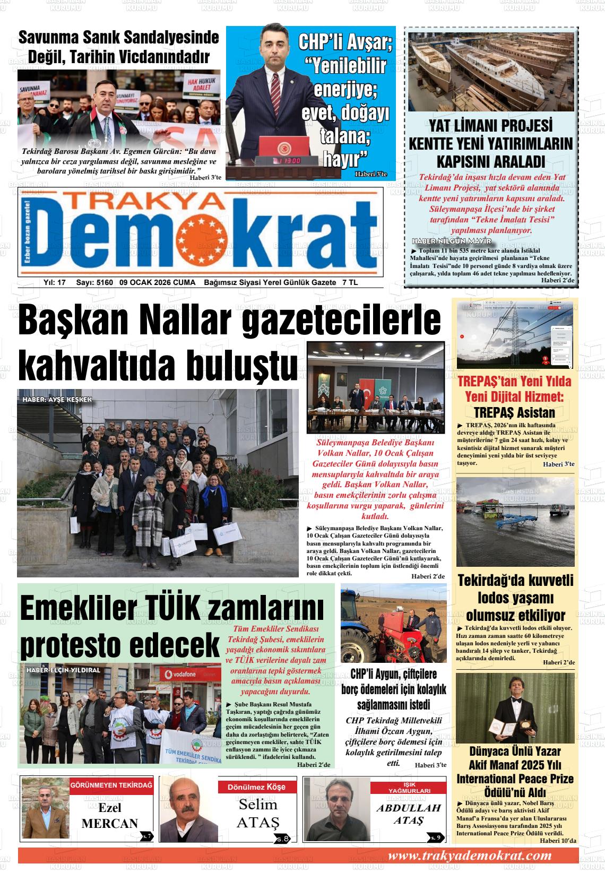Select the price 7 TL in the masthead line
point(350,282)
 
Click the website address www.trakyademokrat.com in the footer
point(469,856)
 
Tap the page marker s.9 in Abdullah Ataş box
point(436,837)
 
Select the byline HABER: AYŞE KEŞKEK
point(57,399)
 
